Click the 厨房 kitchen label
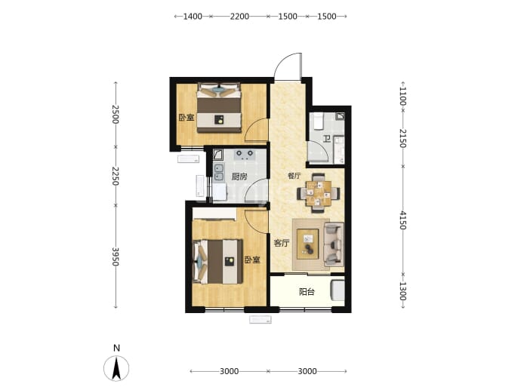point(239,177)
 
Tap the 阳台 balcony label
point(307,292)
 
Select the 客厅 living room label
point(282,244)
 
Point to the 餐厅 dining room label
point(294,176)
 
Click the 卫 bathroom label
point(327,138)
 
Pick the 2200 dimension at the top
point(239,17)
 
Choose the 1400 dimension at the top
point(193,17)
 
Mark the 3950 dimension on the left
point(116,256)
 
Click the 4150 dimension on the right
point(402,220)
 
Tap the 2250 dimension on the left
point(116,176)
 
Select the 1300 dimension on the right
point(402,291)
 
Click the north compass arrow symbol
point(116,368)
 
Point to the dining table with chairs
point(319,193)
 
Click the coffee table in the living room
point(307,244)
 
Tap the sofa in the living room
point(334,244)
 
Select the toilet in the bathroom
point(319,121)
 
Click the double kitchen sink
point(219,172)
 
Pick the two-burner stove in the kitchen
point(245,155)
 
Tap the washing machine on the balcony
point(338,290)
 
